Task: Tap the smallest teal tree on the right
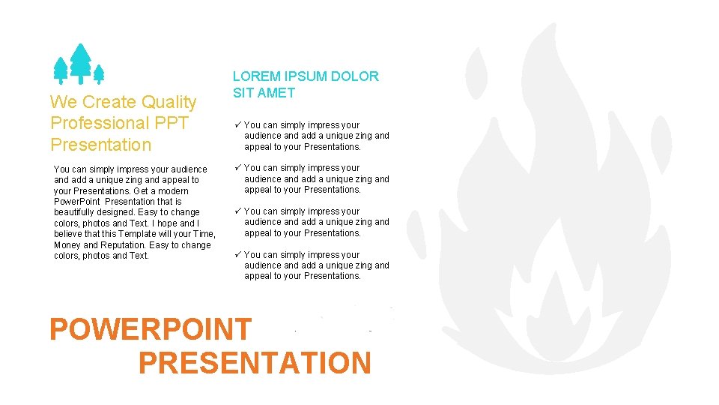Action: tap(98, 73)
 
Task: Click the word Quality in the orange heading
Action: tap(169, 102)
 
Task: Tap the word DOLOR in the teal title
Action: tap(354, 76)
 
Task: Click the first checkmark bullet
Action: tap(237, 125)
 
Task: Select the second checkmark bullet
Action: tap(237, 168)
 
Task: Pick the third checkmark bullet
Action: tap(237, 211)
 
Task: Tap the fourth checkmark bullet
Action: tap(237, 255)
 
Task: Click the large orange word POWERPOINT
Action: tap(151, 329)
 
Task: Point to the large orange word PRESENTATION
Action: tap(255, 363)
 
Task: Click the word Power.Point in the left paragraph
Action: tap(76, 202)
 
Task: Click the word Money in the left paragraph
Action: tap(67, 245)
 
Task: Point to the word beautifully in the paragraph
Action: tap(76, 212)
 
